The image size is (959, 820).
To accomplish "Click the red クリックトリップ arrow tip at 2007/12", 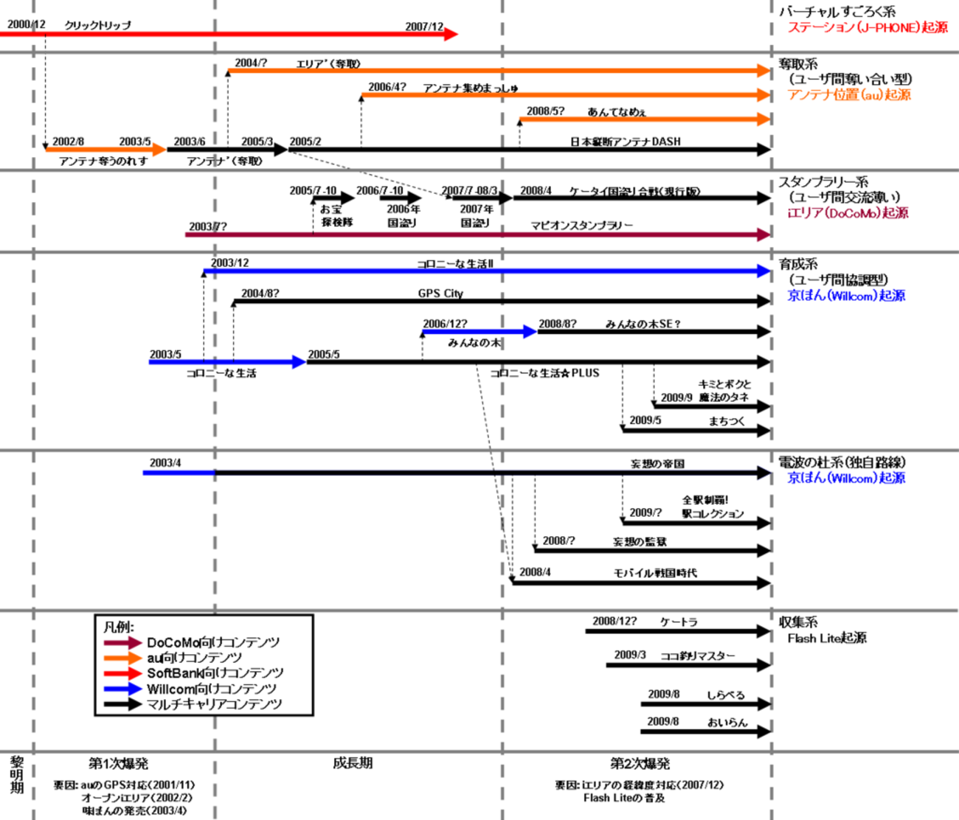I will point(451,34).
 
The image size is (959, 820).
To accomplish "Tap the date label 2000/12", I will point(26,24).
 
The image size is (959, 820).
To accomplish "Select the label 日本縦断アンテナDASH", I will point(625,142).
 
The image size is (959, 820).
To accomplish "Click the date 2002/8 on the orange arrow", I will point(68,142).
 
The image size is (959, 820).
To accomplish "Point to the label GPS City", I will point(440,293).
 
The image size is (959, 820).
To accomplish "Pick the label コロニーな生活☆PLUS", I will point(544,373).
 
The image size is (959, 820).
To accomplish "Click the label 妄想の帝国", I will point(657,464).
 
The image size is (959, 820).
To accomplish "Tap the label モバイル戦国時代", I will point(655,573).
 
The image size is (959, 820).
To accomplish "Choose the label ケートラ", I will point(679,622).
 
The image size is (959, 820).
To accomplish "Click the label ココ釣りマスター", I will point(697,656).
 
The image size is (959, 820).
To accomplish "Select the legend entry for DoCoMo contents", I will point(212,642).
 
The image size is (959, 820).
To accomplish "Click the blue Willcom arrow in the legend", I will point(122,689).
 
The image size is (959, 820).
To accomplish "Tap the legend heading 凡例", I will point(119,627).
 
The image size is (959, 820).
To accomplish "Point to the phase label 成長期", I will point(353,763).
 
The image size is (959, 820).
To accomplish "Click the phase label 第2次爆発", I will point(640,763).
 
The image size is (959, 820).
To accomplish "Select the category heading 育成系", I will point(798,264).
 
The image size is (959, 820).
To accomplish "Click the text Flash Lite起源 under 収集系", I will point(827,638).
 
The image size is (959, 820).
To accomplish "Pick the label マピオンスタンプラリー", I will point(581,226).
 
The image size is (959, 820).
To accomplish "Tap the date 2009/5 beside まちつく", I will point(645,420).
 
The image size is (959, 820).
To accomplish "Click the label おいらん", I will point(727,722).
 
